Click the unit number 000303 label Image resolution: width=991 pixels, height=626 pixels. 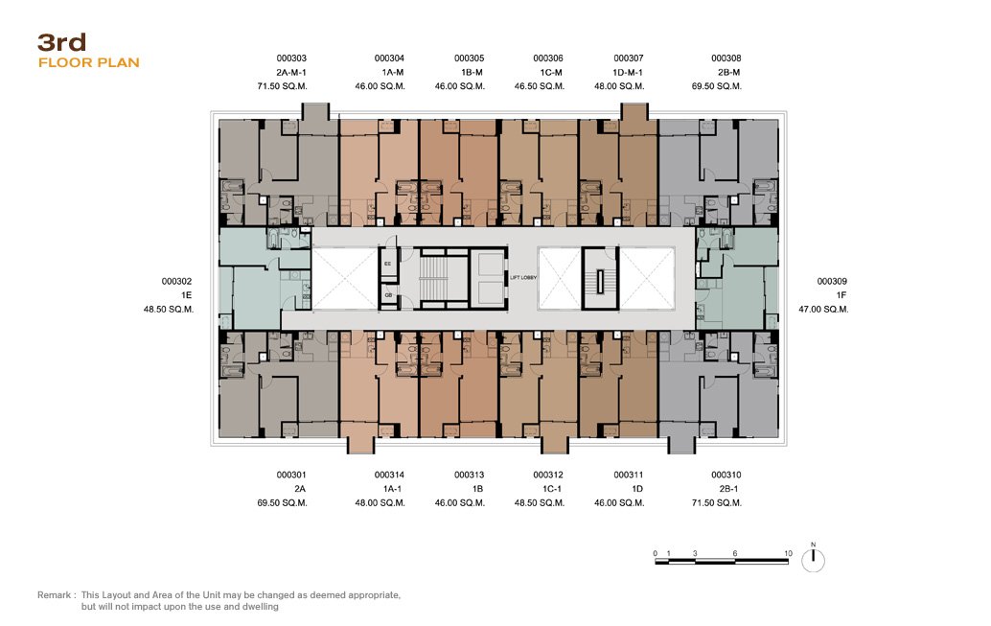coord(291,58)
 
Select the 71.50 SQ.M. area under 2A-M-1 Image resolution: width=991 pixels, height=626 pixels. coord(282,86)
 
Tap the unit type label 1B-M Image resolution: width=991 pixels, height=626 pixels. coord(472,72)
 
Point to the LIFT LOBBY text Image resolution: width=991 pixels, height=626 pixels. coord(523,278)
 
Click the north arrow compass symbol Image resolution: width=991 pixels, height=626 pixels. coord(813,560)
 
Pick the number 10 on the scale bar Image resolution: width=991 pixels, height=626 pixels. coord(788,553)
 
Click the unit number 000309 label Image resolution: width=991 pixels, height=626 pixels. coord(832,282)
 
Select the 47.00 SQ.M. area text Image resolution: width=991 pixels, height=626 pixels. coord(823,310)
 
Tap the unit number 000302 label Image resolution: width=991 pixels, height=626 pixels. coord(176,282)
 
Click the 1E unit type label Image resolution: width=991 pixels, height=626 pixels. coord(187,295)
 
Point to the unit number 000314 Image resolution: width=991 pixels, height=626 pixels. coord(389,475)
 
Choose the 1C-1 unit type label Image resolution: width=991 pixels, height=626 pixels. coord(552,489)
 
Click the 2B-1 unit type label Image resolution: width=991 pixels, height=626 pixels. coord(728,489)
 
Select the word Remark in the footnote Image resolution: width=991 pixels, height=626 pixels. coord(55,595)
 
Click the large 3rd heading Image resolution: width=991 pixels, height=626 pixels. coord(62,42)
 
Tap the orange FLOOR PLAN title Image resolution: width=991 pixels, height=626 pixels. coord(88,62)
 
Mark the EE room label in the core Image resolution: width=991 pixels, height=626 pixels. coord(387,264)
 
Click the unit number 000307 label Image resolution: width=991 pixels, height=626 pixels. coord(629,58)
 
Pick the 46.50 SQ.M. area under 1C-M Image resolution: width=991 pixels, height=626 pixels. coord(540,86)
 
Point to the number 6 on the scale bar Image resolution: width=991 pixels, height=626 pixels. coord(734,553)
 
